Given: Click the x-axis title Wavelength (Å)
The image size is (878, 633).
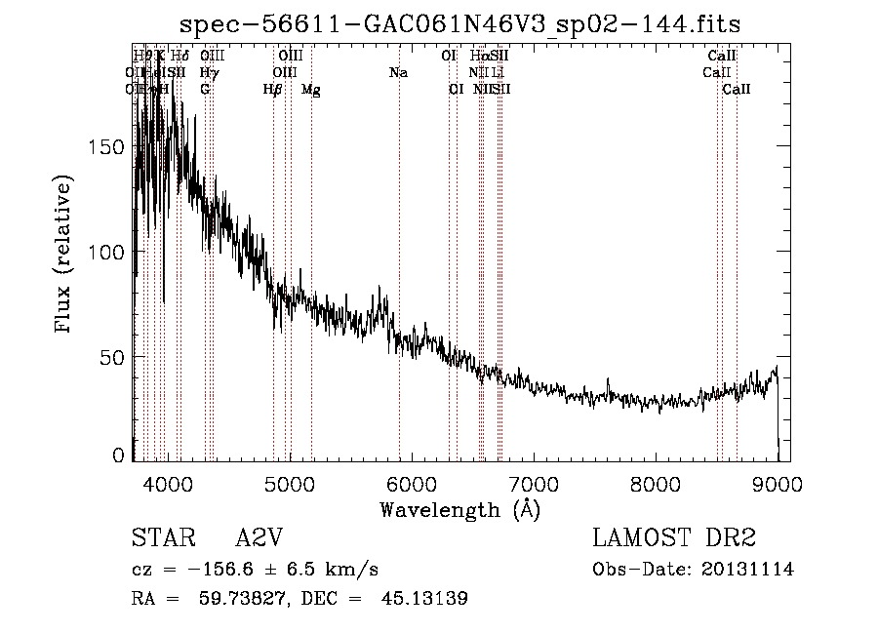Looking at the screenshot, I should pos(460,509).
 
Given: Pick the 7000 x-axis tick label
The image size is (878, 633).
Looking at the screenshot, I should pos(534,484).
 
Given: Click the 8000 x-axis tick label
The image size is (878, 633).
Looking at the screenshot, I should pos(656,484).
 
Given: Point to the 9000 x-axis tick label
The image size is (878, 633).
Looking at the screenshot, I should pos(778,484).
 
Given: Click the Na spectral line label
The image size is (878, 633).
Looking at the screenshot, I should pos(398,73).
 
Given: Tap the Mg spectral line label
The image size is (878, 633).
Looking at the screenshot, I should pos(310,90).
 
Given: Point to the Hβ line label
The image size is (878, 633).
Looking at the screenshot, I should pos(272,90).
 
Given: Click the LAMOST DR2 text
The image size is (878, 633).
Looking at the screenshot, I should pos(674,538).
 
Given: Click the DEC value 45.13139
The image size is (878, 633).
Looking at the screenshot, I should pos(421,599).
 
